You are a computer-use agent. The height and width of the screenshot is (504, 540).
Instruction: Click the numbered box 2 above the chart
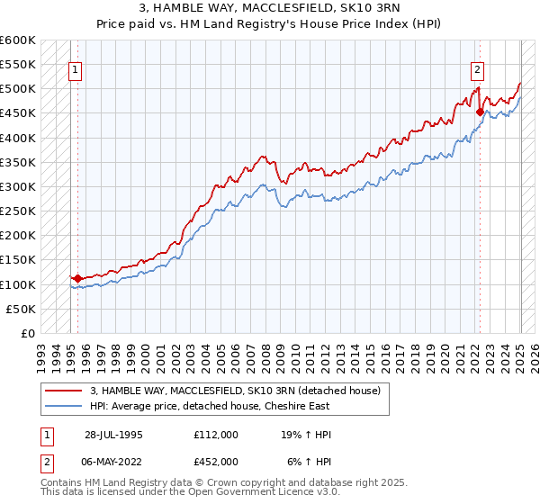tap(476, 71)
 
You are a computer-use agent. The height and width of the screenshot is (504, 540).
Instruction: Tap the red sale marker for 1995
tap(77, 279)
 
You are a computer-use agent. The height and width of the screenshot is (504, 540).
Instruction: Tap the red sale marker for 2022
tap(480, 112)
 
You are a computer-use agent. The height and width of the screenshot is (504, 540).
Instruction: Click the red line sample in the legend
tap(64, 391)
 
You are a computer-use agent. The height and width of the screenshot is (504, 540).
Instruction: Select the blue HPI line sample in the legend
tap(64, 406)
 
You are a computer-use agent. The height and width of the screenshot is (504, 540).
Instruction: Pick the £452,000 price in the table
tap(216, 461)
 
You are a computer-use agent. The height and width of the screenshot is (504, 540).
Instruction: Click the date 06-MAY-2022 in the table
tap(114, 461)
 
